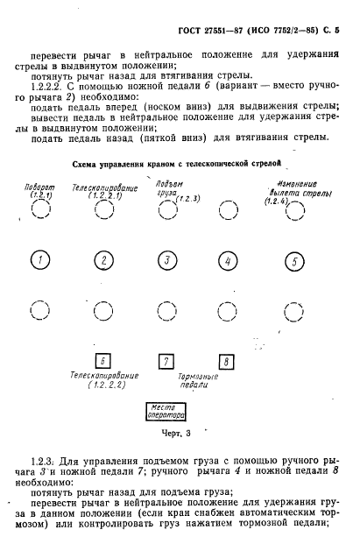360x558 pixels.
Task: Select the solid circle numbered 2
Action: pos(103,260)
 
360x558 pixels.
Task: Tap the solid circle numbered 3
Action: pos(166,260)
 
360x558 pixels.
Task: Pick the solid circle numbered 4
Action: pos(228,261)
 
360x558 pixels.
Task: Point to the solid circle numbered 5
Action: pos(295,261)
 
